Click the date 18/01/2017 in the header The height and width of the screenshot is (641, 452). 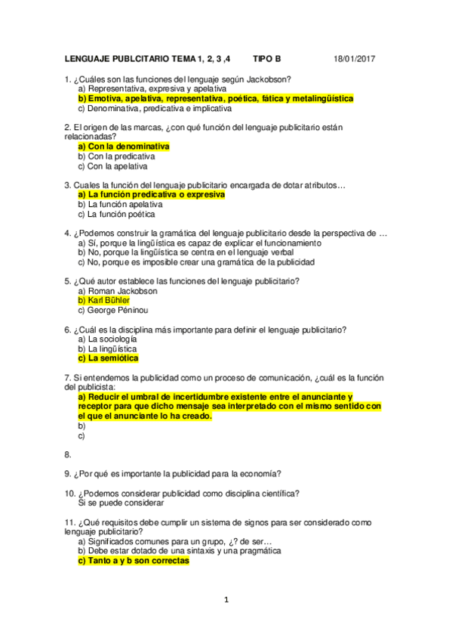click(x=355, y=60)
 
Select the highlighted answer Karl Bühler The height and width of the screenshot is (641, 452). click(x=109, y=301)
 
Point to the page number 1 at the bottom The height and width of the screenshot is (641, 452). click(x=226, y=600)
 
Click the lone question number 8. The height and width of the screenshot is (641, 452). click(x=68, y=455)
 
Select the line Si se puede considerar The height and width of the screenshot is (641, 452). click(x=121, y=503)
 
